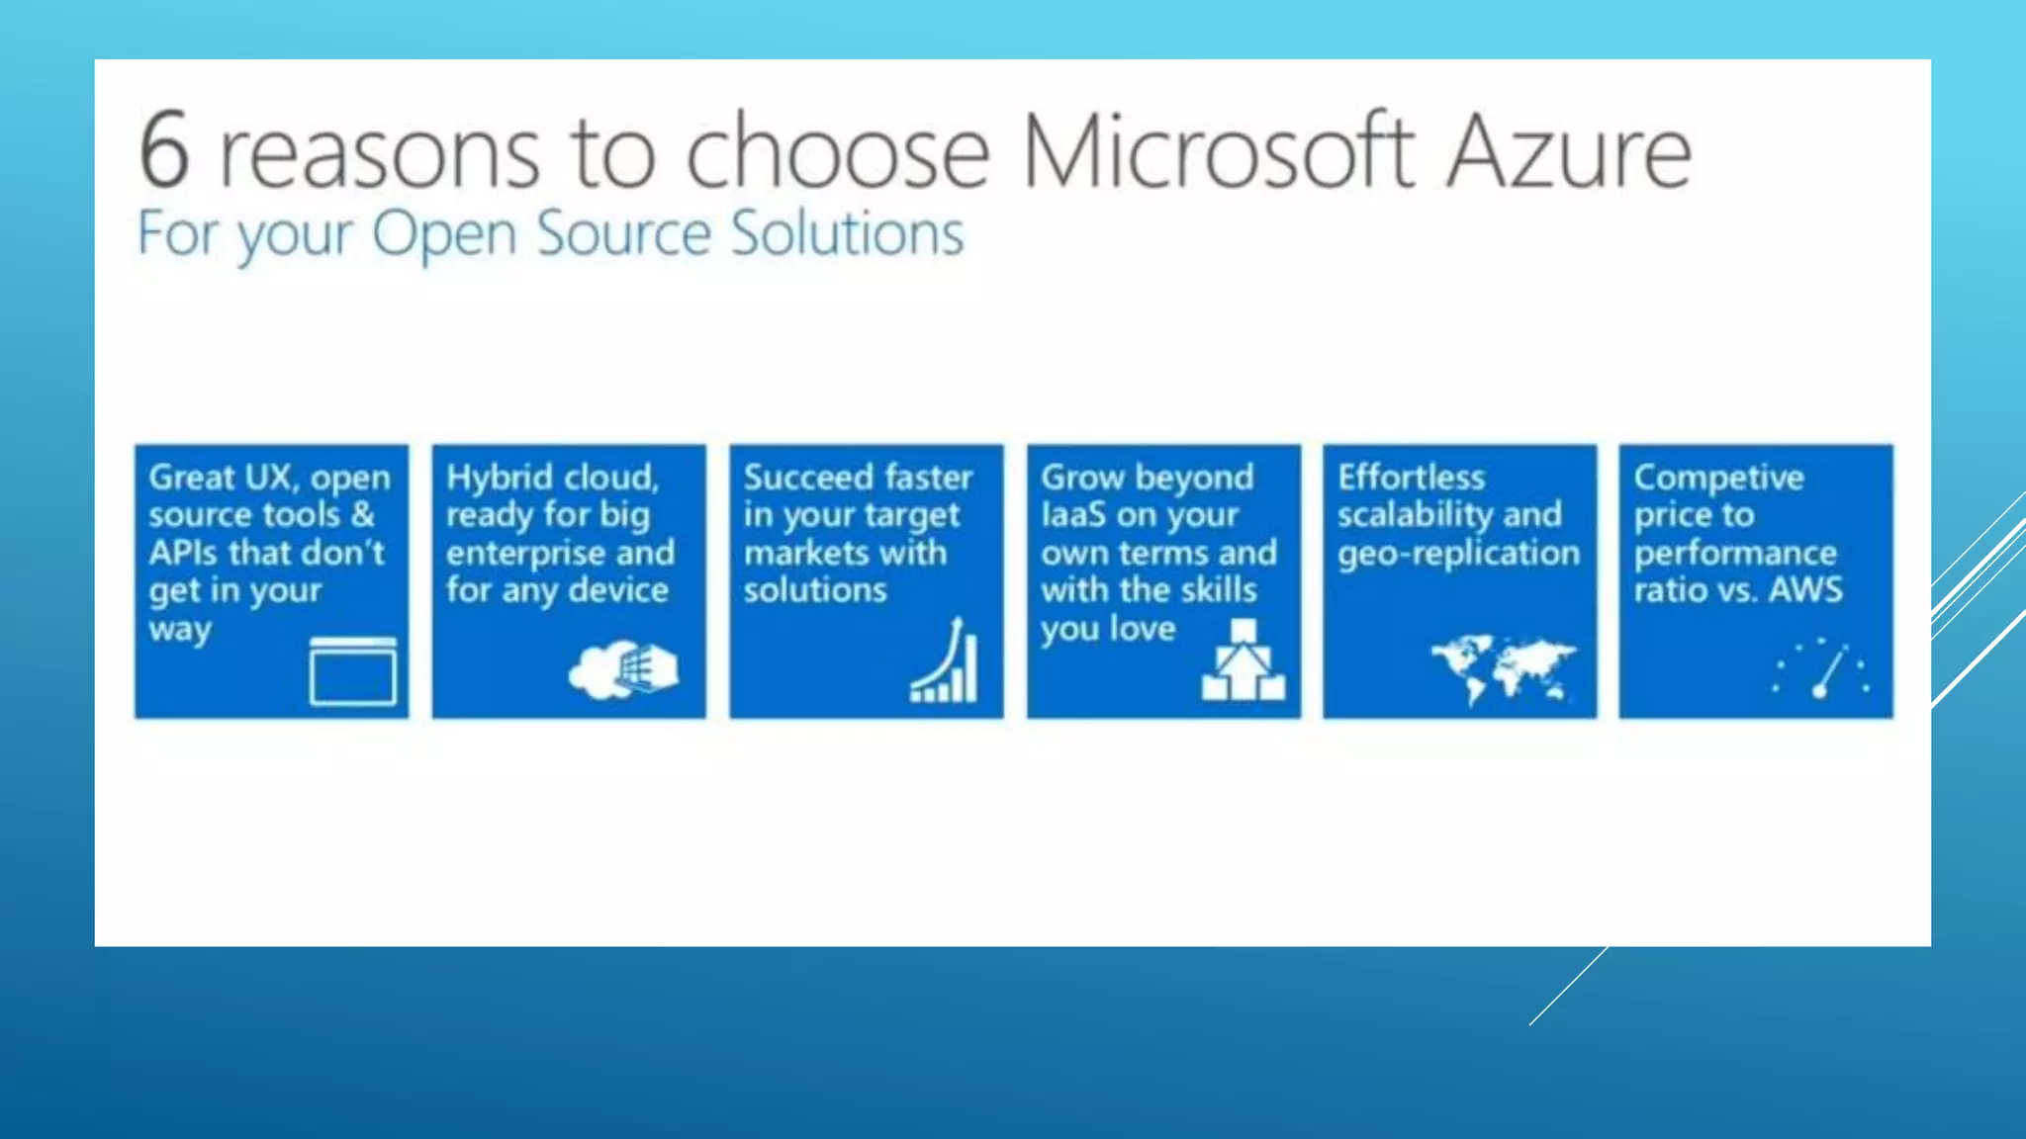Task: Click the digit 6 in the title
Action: click(x=164, y=150)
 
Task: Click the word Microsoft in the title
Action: click(x=1217, y=150)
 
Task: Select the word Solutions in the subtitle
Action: click(x=847, y=233)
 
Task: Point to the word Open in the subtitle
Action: click(x=443, y=235)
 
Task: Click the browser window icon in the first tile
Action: click(x=353, y=671)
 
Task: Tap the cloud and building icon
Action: click(x=623, y=669)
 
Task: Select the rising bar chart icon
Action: click(x=946, y=662)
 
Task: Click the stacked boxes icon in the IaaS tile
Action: click(x=1243, y=661)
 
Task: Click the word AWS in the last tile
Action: click(x=1805, y=590)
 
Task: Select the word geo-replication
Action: click(x=1458, y=553)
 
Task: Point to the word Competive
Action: click(x=1718, y=479)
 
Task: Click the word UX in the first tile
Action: click(x=270, y=478)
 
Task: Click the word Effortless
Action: click(x=1411, y=478)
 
